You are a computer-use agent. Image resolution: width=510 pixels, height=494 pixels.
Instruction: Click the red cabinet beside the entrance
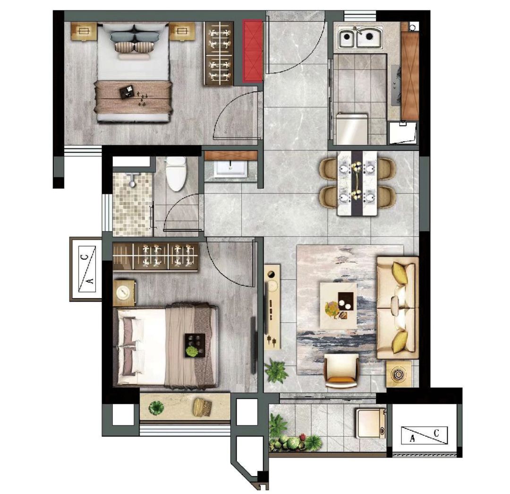tap(252, 51)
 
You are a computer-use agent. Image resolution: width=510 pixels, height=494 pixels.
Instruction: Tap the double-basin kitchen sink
tap(360, 37)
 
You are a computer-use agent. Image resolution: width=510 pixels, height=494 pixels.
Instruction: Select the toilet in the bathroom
tap(176, 173)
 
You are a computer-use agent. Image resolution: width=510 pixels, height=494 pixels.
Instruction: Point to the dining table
tap(357, 183)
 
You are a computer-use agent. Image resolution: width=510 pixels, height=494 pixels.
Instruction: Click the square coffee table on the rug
tap(338, 305)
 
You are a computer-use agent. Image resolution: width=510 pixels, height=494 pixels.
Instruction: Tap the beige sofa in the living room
tap(397, 308)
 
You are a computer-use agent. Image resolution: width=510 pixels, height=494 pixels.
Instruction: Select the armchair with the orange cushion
tap(341, 371)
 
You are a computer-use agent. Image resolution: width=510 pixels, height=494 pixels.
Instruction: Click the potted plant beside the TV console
tap(276, 371)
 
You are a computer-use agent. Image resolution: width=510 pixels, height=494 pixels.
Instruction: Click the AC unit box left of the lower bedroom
tap(86, 269)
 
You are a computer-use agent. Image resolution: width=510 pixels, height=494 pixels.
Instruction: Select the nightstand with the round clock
tap(124, 293)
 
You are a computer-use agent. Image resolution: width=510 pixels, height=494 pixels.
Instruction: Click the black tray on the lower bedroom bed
tap(195, 345)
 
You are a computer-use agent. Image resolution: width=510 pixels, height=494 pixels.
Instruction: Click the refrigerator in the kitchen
tap(352, 129)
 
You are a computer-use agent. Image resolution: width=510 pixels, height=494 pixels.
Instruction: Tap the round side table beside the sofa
tap(399, 374)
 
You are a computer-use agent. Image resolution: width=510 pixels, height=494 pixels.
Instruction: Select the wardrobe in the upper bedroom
tap(219, 53)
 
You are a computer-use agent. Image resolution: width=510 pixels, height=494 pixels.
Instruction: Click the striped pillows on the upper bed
tap(133, 47)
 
